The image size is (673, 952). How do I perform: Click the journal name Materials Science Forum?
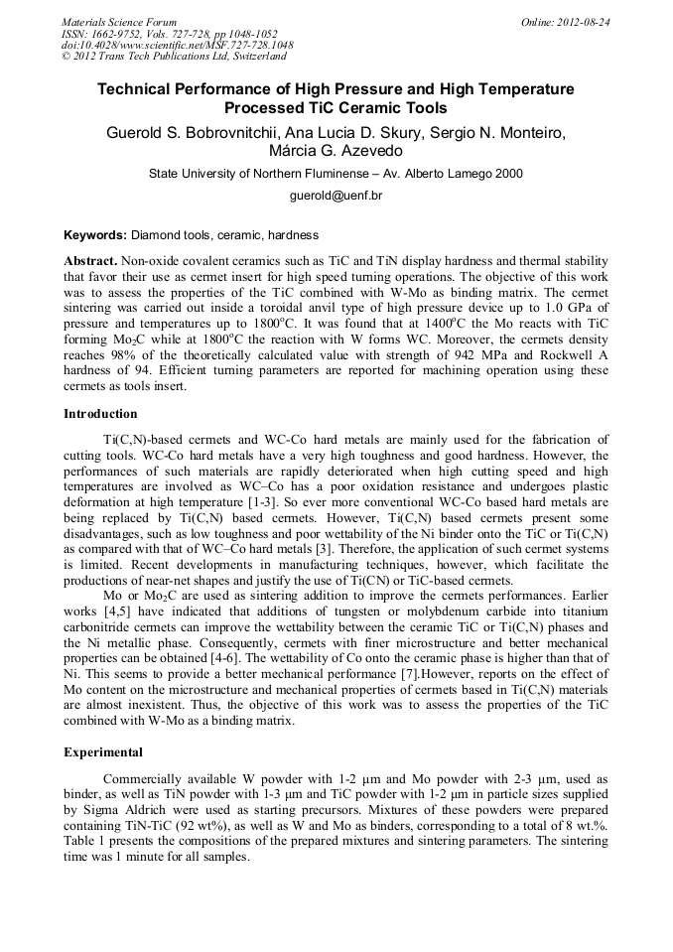pyautogui.click(x=119, y=22)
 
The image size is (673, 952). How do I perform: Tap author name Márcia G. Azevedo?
pyautogui.click(x=336, y=151)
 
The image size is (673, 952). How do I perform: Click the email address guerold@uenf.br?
pyautogui.click(x=336, y=196)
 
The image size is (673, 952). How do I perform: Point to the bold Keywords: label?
pyautogui.click(x=95, y=235)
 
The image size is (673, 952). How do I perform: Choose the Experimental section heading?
pyautogui.click(x=102, y=752)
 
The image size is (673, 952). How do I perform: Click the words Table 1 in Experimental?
pyautogui.click(x=83, y=841)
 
